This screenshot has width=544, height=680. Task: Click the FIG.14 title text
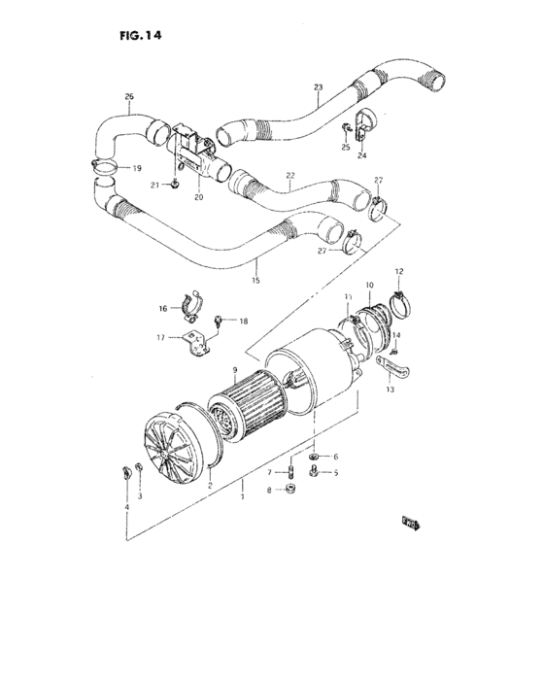pos(139,35)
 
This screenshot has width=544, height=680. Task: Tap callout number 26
pos(129,96)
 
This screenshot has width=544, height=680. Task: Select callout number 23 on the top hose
pos(318,87)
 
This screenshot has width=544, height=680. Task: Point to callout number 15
pos(255,281)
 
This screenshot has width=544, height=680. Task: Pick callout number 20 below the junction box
pos(198,197)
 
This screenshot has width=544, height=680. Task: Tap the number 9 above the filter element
pos(233,369)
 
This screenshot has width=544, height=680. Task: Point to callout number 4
pos(125,506)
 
